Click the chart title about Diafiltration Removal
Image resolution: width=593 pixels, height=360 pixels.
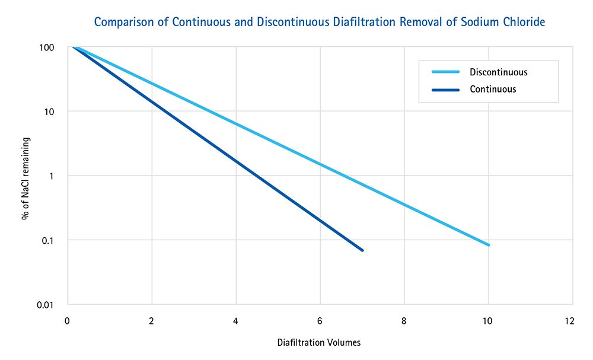click(320, 23)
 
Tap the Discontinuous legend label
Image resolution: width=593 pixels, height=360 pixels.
click(498, 72)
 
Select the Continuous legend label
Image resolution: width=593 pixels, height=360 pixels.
click(493, 90)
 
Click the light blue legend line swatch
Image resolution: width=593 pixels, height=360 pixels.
click(445, 72)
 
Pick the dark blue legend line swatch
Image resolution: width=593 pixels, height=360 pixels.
click(445, 90)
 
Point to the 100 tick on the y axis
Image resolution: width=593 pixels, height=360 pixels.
click(47, 47)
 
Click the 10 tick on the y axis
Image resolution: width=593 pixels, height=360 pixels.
click(49, 111)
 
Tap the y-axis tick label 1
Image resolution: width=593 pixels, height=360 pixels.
click(52, 176)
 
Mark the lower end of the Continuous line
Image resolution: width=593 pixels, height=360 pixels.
click(362, 250)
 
